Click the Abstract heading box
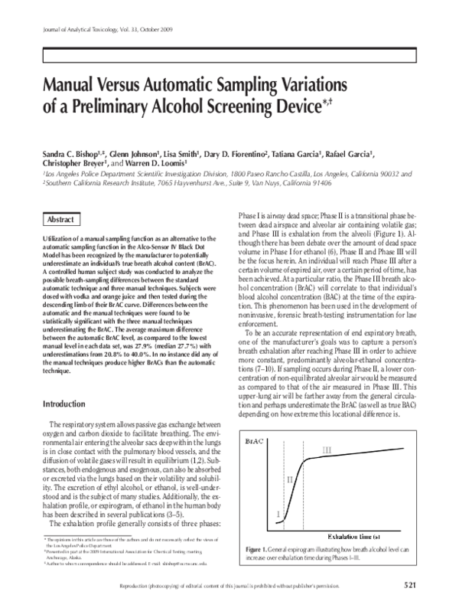tap(60, 219)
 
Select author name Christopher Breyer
tap(70, 163)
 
